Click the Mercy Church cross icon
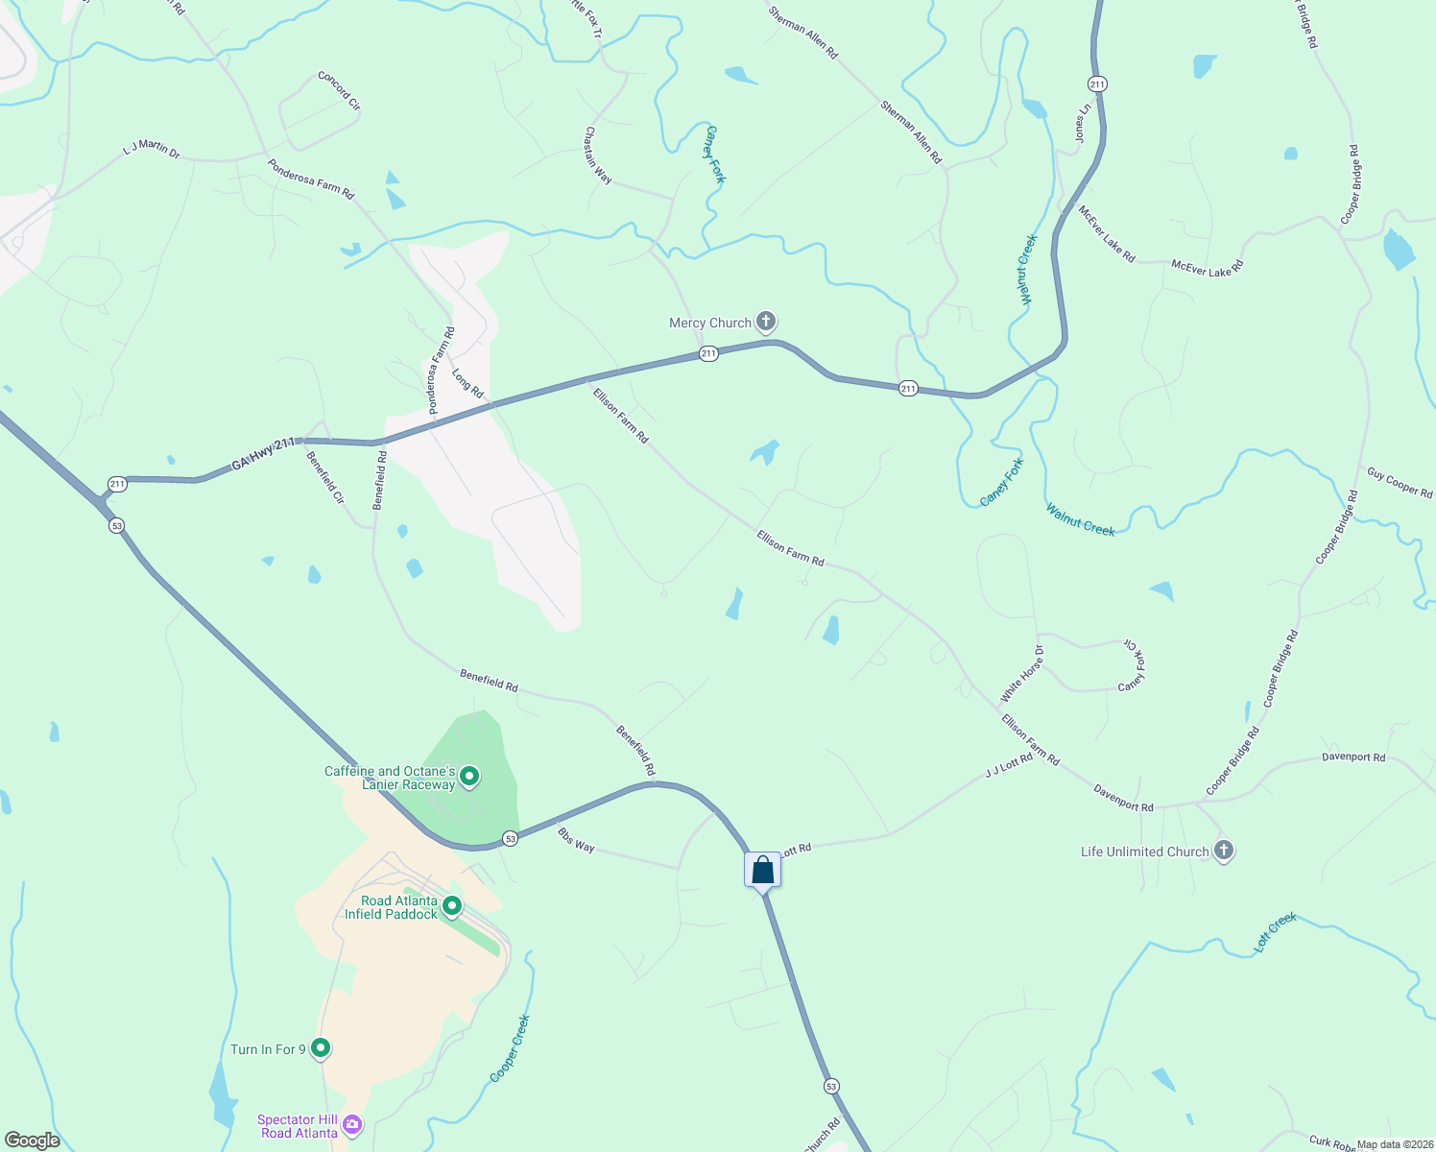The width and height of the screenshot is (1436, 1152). [765, 321]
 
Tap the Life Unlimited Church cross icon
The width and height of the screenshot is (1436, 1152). [1223, 850]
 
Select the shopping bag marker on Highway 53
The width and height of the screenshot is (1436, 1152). [762, 871]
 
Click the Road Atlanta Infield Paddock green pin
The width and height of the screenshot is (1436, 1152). [452, 905]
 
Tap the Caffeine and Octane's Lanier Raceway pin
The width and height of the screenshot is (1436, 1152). [469, 776]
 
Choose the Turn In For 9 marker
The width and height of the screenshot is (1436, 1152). [321, 1047]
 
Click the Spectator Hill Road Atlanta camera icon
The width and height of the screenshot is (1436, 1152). [352, 1124]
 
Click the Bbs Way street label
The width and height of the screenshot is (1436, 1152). [576, 841]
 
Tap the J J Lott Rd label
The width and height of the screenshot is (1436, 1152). [1009, 765]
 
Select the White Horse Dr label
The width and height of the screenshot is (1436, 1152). [1021, 673]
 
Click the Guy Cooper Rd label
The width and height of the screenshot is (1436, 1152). [1400, 483]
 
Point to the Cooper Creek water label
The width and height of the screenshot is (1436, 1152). [510, 1048]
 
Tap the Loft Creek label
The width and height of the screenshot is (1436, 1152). [1275, 932]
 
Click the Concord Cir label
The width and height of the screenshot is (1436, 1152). [339, 90]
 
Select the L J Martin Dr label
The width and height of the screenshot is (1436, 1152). [152, 149]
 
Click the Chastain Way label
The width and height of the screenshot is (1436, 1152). [598, 156]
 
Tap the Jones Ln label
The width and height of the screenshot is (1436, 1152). [1082, 124]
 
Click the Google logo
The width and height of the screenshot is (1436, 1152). [33, 1140]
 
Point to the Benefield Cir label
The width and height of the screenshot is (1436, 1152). [324, 477]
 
